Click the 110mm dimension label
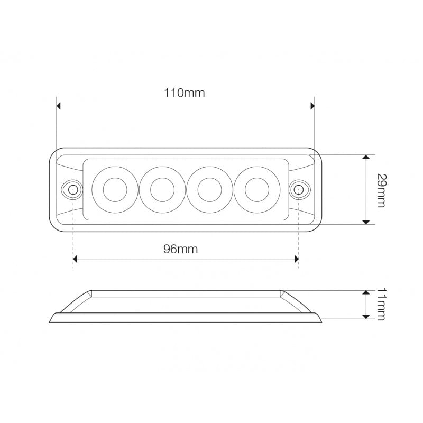(x=184, y=93)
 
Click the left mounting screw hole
(x=71, y=189)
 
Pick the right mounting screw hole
(x=299, y=189)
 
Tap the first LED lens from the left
(x=115, y=189)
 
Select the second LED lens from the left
(x=162, y=189)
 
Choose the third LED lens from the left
(x=210, y=189)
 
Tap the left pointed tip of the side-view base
(x=50, y=321)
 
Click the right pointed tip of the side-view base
(x=321, y=321)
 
